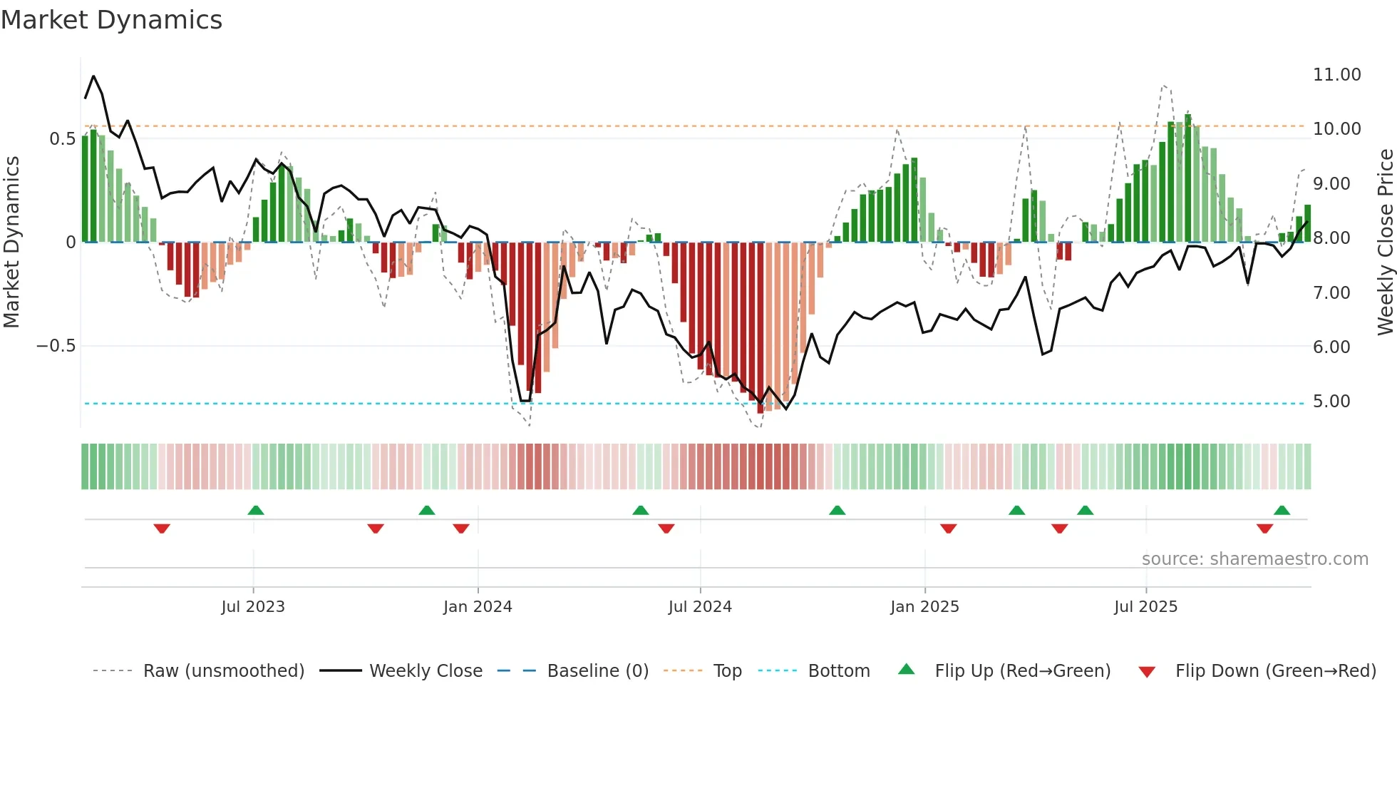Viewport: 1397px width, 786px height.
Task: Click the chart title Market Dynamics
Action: [111, 20]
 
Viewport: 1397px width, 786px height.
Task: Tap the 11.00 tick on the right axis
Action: [1336, 75]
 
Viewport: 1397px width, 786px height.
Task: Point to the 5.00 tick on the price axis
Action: [1331, 402]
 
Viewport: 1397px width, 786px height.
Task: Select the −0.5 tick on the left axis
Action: [56, 346]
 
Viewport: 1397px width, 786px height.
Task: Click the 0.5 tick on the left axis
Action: [62, 138]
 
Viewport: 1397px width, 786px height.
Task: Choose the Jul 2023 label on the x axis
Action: [253, 607]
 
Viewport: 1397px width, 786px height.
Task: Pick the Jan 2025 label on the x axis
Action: [924, 607]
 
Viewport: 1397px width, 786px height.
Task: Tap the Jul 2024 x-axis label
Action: [700, 607]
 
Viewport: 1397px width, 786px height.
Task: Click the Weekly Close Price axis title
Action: [1385, 242]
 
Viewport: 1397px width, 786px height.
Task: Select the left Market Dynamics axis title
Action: [12, 242]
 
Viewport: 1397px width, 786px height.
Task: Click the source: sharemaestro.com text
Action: [1254, 559]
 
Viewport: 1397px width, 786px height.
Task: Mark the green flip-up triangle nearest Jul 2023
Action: [256, 510]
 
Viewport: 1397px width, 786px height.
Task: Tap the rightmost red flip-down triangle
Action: [1264, 529]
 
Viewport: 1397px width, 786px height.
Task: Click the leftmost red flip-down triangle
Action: [162, 529]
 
